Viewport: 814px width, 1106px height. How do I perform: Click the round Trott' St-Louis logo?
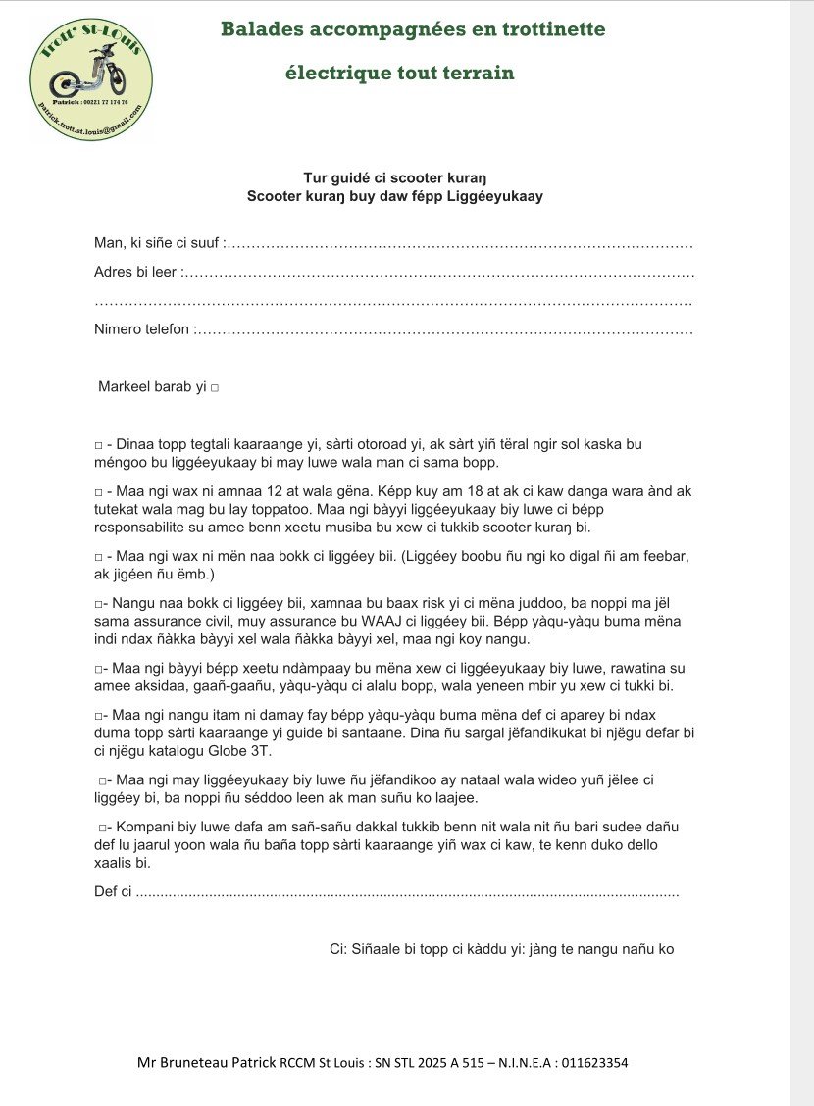point(92,78)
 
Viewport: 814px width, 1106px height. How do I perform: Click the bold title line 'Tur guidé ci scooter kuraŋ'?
point(395,177)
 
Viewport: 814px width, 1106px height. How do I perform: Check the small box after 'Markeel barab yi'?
point(214,388)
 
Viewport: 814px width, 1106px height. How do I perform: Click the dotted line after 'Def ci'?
point(407,892)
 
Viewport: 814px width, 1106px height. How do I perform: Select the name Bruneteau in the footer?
point(193,1063)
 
